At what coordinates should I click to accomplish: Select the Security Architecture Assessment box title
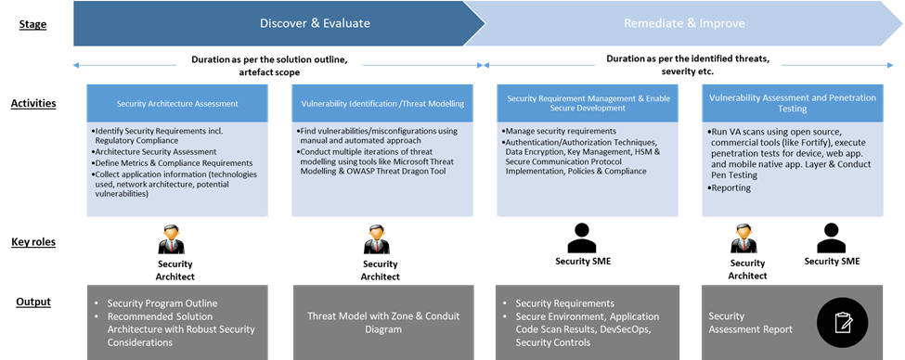177,103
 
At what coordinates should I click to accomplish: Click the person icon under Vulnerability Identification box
374,240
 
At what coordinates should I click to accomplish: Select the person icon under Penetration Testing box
743,239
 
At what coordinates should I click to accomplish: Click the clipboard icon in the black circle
844,322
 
